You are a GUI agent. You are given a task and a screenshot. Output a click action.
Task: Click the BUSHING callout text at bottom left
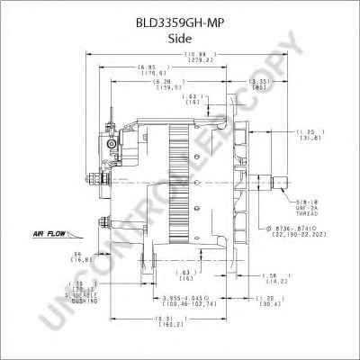[96, 298]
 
